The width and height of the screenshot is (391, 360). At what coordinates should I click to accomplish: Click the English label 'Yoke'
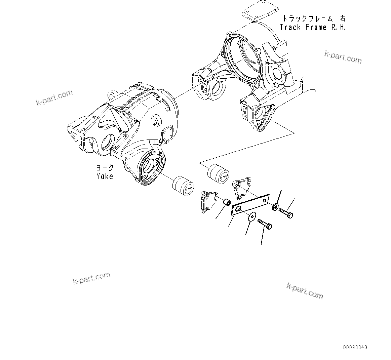click(105, 176)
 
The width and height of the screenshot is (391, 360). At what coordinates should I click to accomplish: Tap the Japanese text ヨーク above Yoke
click(105, 168)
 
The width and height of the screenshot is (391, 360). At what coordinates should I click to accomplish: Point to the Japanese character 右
click(342, 18)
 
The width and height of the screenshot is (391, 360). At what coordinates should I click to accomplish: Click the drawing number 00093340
click(355, 347)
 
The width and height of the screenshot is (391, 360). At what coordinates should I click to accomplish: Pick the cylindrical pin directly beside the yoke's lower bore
click(183, 186)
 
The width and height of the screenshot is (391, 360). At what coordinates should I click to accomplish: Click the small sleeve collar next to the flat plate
click(228, 202)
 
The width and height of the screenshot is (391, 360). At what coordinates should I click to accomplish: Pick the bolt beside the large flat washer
click(265, 224)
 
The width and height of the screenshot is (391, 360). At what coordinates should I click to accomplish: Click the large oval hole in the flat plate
click(238, 210)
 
